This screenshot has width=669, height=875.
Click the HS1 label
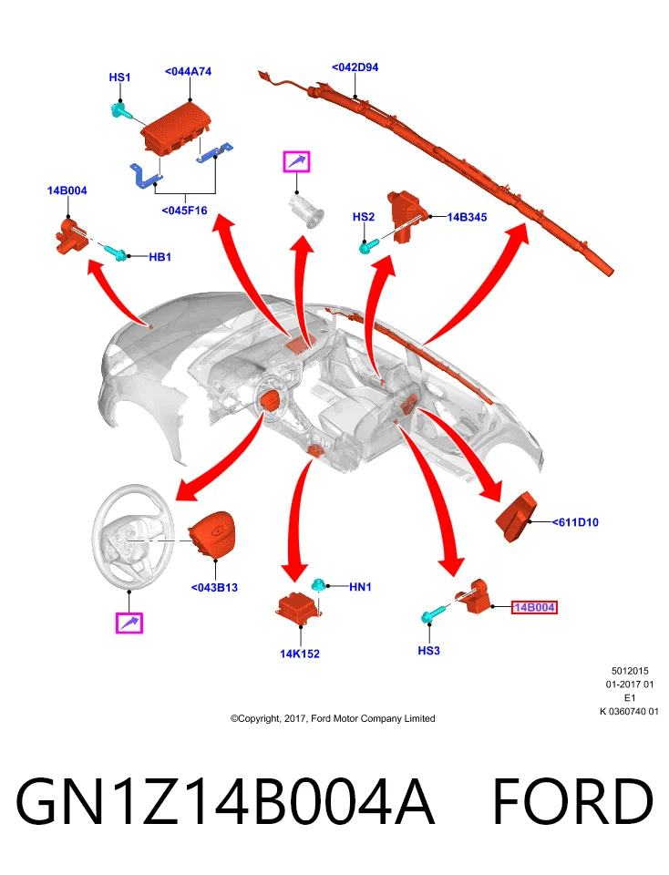coord(119,77)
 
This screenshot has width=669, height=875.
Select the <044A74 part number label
coord(188,71)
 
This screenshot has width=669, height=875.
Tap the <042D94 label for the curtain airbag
coord(355,67)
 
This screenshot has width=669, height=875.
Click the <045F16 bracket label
coord(184,211)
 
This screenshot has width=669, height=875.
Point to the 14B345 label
coord(467,217)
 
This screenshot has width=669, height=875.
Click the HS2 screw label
coord(364,217)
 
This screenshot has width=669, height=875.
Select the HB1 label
coord(160,257)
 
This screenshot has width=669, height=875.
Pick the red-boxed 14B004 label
coord(534,607)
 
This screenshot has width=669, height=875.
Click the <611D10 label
coord(575,522)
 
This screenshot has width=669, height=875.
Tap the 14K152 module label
coord(300,654)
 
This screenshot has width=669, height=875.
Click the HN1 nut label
coord(360,586)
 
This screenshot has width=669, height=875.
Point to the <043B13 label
coord(214,588)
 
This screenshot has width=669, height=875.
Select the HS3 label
coord(428,651)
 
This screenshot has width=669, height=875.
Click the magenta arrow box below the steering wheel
coord(129,623)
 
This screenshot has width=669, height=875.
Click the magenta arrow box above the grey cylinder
coord(296,162)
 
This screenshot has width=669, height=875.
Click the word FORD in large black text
coord(573,802)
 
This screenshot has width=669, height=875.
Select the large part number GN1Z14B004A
coord(225,802)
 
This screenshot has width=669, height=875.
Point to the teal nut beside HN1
coord(319,585)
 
